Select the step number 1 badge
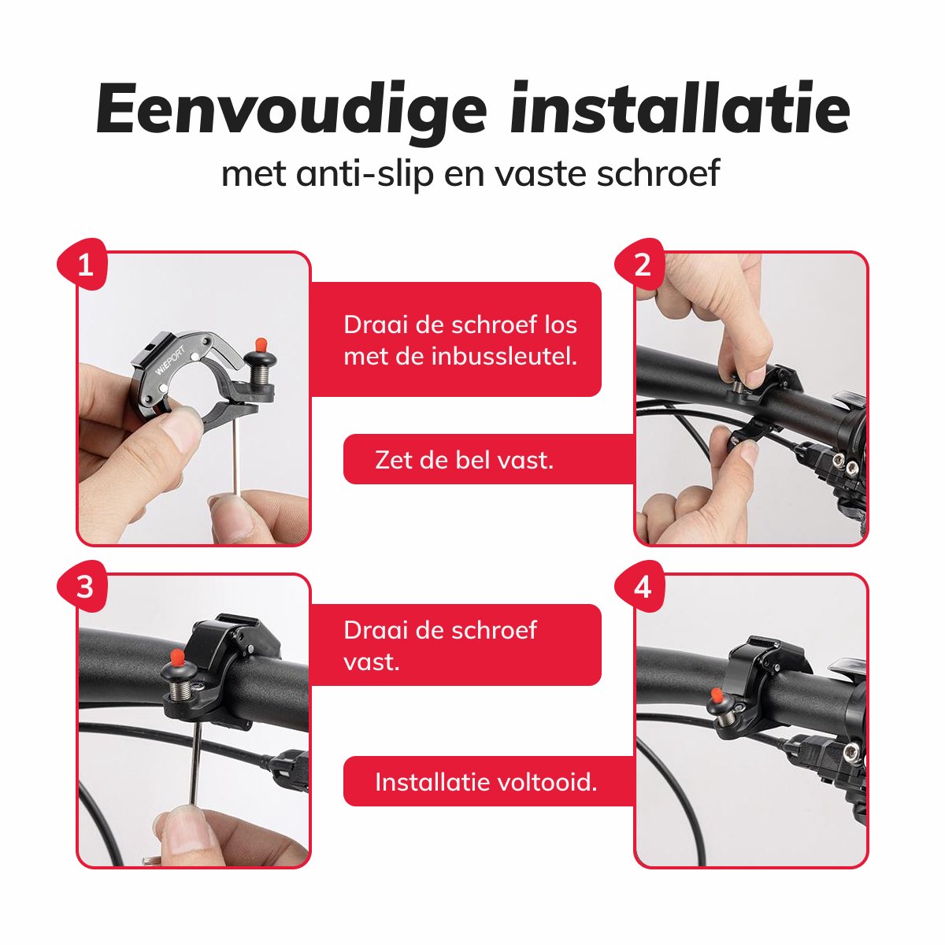(85, 265)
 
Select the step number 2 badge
(643, 265)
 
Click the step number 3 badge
(85, 587)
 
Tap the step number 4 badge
(643, 587)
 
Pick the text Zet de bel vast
(465, 459)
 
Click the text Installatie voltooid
(486, 782)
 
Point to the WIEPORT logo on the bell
(170, 359)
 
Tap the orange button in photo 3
(177, 657)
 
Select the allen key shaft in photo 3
(194, 756)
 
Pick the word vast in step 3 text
(372, 661)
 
